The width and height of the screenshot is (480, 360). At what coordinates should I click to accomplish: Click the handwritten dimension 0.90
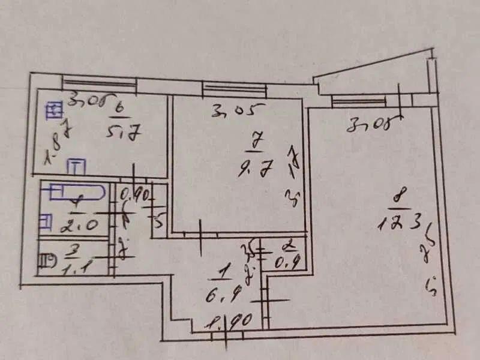(135, 196)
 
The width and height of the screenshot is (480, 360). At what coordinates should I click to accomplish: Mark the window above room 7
(234, 89)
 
